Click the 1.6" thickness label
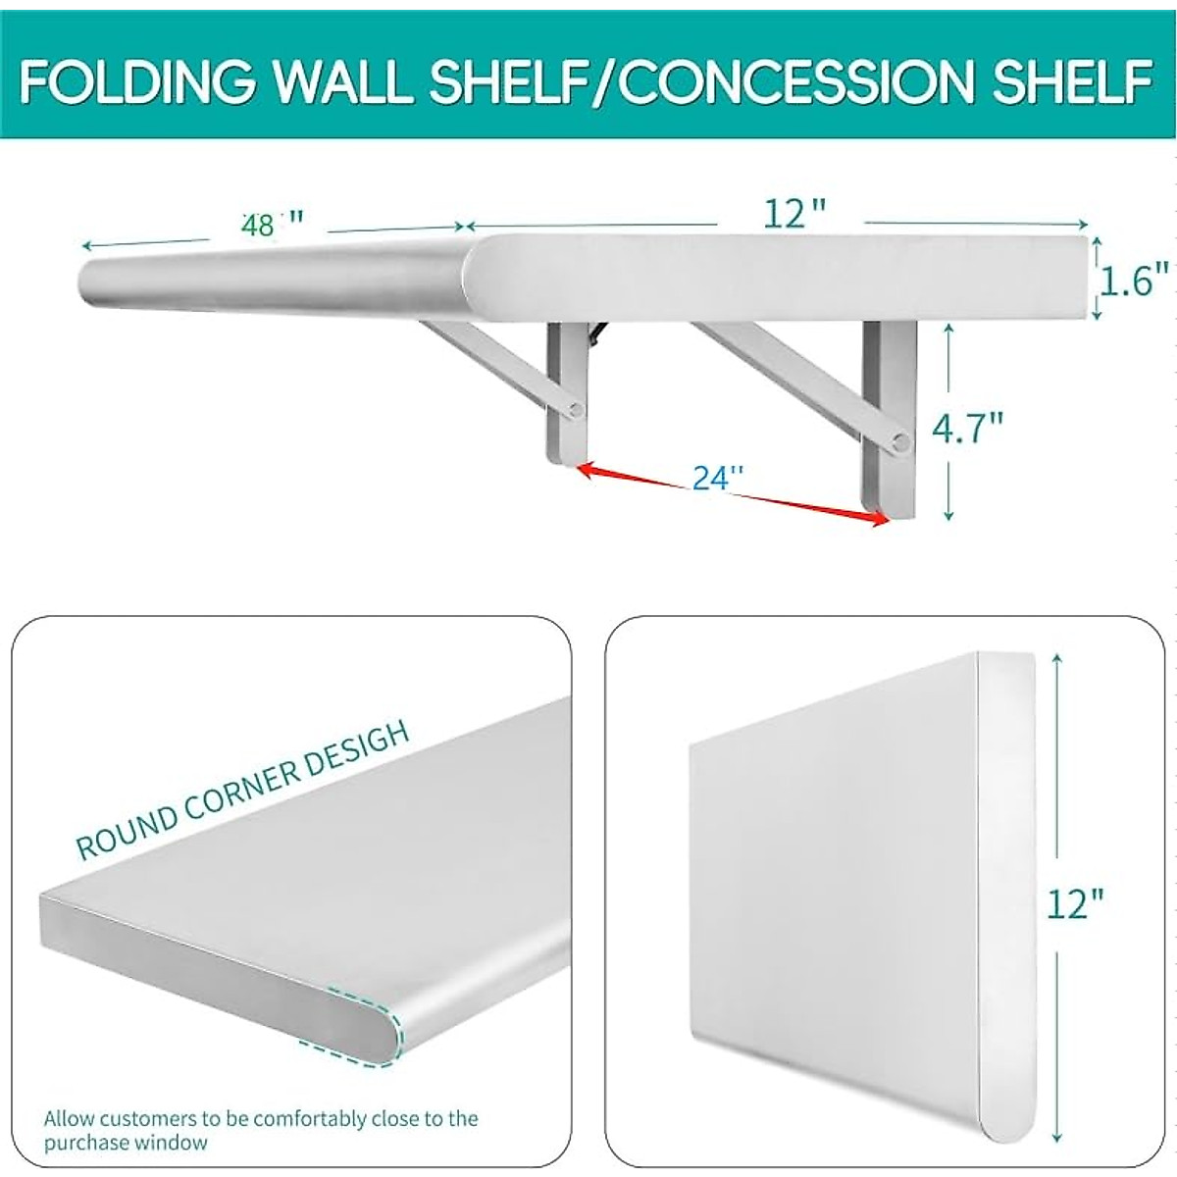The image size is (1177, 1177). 1134,281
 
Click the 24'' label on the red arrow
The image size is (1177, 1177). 718,478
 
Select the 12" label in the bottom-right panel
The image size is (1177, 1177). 1074,902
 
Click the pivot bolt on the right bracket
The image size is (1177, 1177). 898,444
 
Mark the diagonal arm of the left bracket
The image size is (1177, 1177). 490,363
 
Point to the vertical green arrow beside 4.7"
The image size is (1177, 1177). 948,422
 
